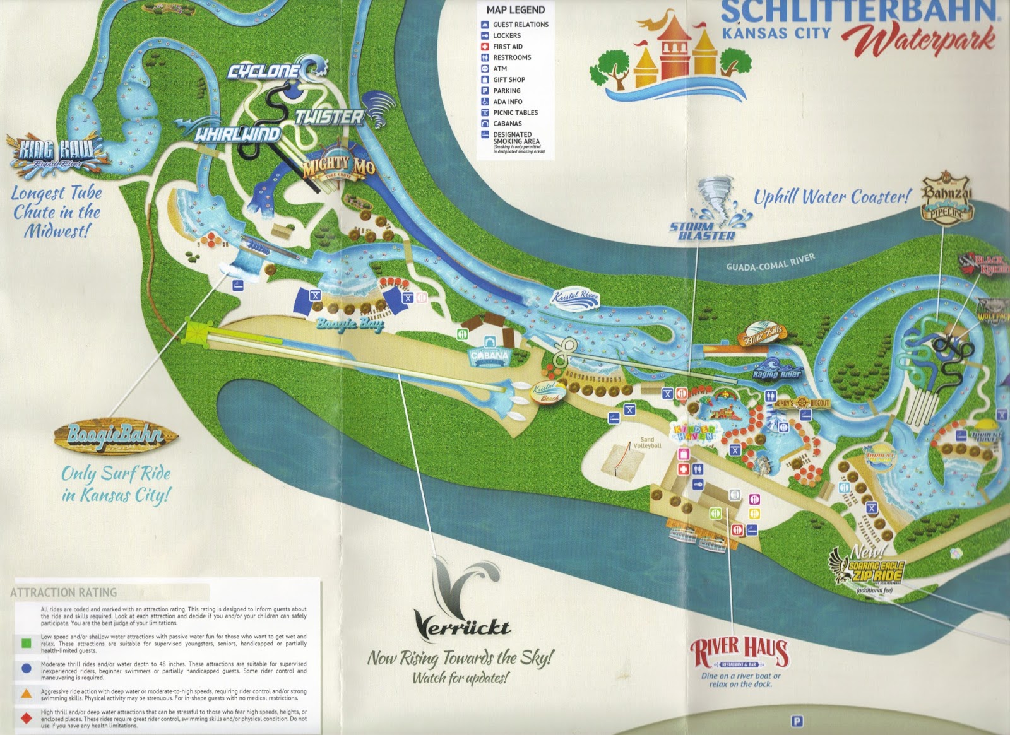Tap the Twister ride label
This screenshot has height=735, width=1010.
coord(330,116)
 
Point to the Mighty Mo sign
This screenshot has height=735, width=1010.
coord(338,167)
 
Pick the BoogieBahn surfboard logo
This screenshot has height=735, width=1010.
coord(115,435)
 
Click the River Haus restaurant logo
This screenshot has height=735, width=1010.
coord(739,653)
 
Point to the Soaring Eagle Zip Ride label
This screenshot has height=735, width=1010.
coord(874,570)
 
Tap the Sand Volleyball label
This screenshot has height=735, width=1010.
coord(647,442)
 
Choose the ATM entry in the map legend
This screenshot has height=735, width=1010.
coord(500,69)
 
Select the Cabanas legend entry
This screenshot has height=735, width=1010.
coord(507,124)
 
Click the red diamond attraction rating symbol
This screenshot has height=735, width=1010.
coord(26,719)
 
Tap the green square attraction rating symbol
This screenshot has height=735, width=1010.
coord(26,644)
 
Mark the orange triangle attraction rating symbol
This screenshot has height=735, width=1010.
coord(26,693)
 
